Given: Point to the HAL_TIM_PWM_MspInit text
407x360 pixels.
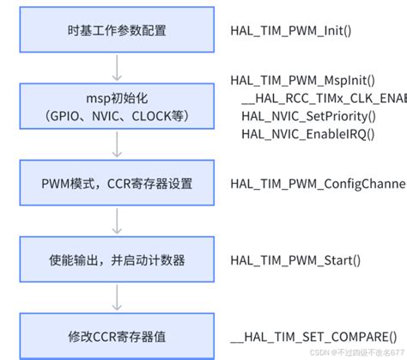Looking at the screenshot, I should (308, 81).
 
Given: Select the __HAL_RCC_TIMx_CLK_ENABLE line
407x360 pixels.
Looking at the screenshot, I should (322, 97).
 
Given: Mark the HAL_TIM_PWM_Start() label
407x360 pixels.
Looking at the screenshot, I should (295, 259).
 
